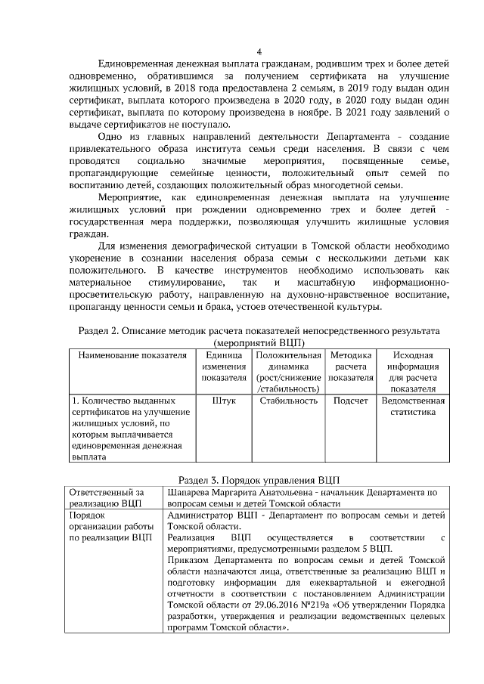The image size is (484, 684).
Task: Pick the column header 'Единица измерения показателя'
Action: pyautogui.click(x=224, y=366)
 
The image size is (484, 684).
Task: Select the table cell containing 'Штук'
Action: pyautogui.click(x=224, y=401)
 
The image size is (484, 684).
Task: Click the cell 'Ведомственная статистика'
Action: pyautogui.click(x=413, y=407)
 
